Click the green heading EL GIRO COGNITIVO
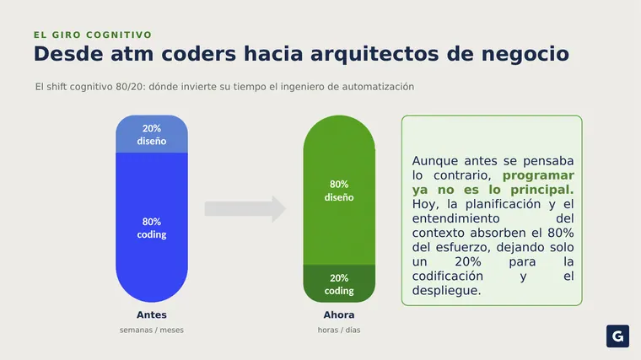[93, 35]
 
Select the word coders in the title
[199, 54]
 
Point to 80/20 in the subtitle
[130, 87]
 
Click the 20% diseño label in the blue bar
[152, 134]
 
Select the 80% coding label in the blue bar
[152, 228]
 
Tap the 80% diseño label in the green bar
[339, 191]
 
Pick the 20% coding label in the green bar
[339, 284]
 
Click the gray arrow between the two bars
[245, 209]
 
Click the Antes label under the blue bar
[152, 315]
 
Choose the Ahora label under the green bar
[339, 315]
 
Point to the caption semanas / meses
[152, 330]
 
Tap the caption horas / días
[339, 330]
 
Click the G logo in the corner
[617, 336]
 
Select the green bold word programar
[538, 175]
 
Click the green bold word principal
[542, 190]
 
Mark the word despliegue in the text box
[446, 291]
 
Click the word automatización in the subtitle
[378, 87]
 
